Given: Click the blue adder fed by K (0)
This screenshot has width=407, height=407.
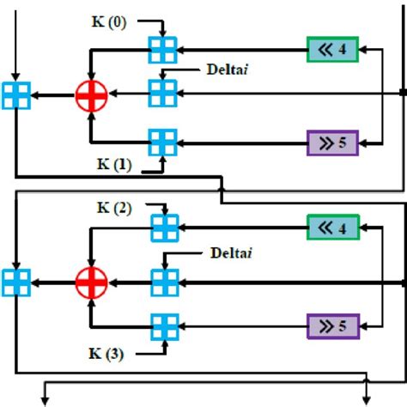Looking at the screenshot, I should click(162, 49).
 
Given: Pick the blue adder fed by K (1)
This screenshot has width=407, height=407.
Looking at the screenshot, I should click(162, 139).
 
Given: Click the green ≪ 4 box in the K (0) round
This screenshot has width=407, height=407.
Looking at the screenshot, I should click(332, 49).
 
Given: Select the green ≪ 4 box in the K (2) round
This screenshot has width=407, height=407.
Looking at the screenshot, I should click(332, 228).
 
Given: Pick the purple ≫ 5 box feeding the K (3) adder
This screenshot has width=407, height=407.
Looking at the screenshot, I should click(332, 325).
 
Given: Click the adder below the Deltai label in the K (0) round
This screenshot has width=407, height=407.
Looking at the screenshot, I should click(162, 93).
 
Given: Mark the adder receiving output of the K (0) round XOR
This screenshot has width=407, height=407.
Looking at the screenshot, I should click(16, 94).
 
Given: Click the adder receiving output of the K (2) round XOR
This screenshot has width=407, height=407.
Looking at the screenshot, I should click(16, 281).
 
